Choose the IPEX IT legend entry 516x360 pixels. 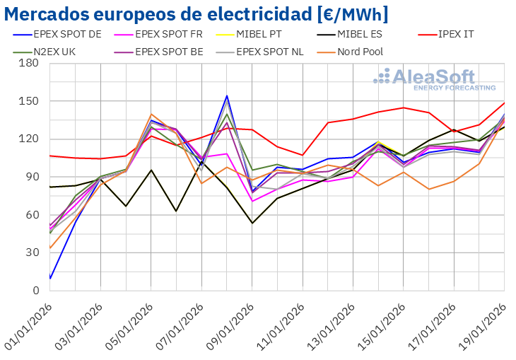tap(459, 33)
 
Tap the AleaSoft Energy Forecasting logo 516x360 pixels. tap(434, 79)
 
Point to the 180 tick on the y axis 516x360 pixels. tap(29, 64)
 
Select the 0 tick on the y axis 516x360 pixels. tap(35, 291)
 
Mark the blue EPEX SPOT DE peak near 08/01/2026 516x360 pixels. tap(227, 95)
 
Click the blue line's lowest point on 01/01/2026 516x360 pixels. tap(50, 278)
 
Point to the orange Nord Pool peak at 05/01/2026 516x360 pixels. tap(151, 115)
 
